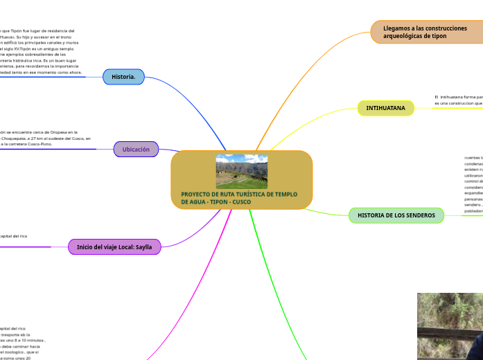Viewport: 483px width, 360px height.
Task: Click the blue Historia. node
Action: (x=123, y=77)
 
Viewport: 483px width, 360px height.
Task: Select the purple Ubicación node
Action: (x=136, y=150)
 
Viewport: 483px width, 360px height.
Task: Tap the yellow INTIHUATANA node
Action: (x=385, y=108)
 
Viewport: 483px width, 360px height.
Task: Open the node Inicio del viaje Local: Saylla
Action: (x=114, y=246)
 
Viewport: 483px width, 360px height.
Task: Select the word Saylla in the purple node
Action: (x=143, y=246)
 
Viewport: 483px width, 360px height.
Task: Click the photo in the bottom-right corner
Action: (x=450, y=325)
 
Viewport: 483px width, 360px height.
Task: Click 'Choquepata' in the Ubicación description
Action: (x=18, y=138)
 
